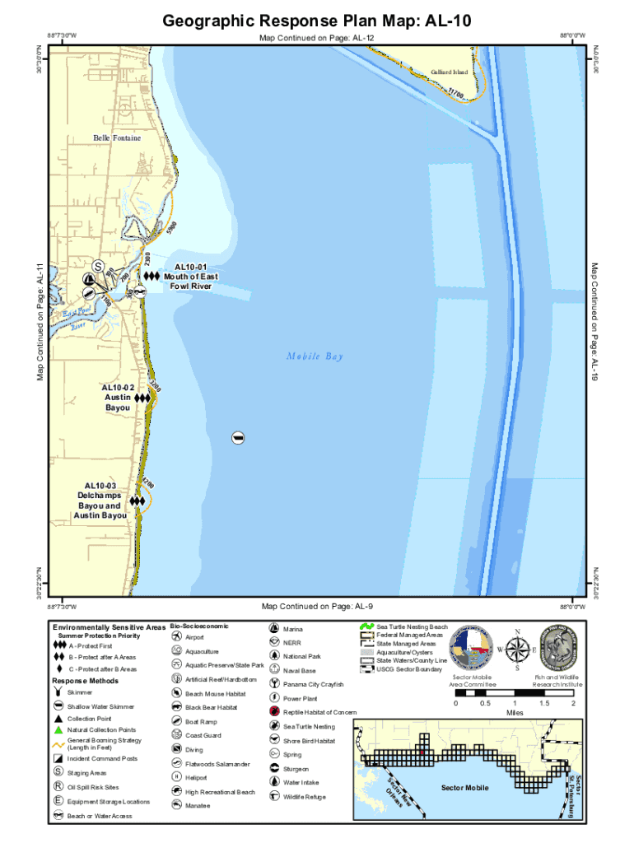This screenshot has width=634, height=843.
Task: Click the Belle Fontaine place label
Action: click(117, 137)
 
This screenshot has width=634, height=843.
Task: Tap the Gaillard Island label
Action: click(449, 72)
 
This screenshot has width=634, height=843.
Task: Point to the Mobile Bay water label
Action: click(315, 356)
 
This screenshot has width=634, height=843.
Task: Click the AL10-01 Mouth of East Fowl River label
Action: click(191, 277)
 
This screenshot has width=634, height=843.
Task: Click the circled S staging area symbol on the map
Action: click(98, 267)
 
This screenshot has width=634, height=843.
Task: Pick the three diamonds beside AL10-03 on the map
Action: click(137, 501)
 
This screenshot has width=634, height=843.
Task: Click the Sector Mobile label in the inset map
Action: click(464, 788)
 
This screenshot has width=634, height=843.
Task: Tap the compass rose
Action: click(517, 650)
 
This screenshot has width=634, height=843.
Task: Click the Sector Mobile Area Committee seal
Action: click(473, 648)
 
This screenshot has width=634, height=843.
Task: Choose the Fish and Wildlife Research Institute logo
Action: click(557, 648)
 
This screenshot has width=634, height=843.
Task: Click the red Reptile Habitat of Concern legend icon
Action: click(274, 711)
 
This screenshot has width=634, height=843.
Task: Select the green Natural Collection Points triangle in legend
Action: click(58, 729)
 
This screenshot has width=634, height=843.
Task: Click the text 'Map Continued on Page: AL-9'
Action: click(317, 607)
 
